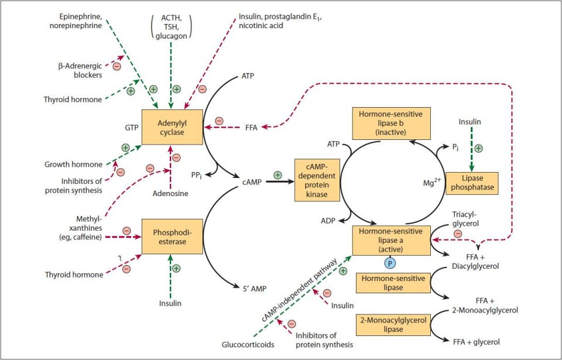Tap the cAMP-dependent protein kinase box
pyautogui.click(x=317, y=182)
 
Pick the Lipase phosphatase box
pyautogui.click(x=472, y=183)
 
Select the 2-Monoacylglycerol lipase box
pyautogui.click(x=391, y=325)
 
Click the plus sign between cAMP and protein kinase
pyautogui.click(x=277, y=174)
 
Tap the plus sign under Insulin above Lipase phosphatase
pyautogui.click(x=478, y=148)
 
